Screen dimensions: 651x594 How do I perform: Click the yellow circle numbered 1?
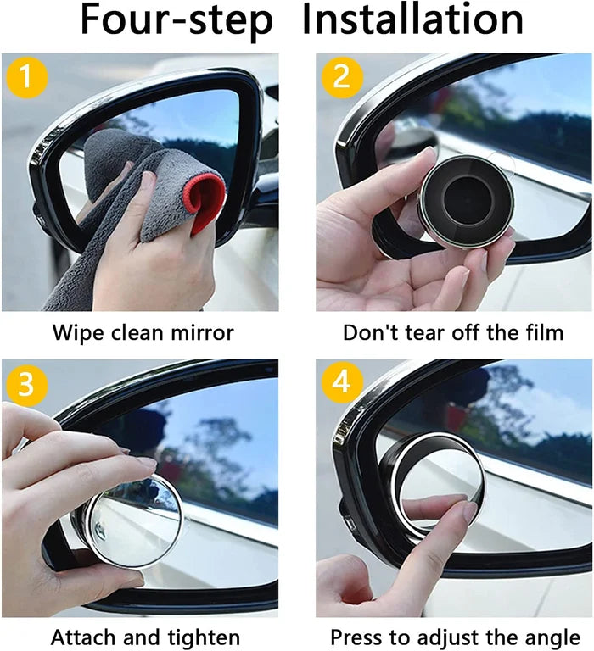tap(26, 78)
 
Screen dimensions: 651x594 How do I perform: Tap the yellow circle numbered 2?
tap(342, 78)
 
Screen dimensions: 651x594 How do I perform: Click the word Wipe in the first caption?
tap(77, 332)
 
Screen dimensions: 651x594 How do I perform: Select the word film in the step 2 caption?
tap(541, 332)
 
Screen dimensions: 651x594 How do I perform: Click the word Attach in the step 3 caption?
tap(83, 637)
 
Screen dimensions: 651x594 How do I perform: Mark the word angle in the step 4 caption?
tap(554, 637)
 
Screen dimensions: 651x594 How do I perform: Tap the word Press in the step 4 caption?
tap(356, 637)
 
